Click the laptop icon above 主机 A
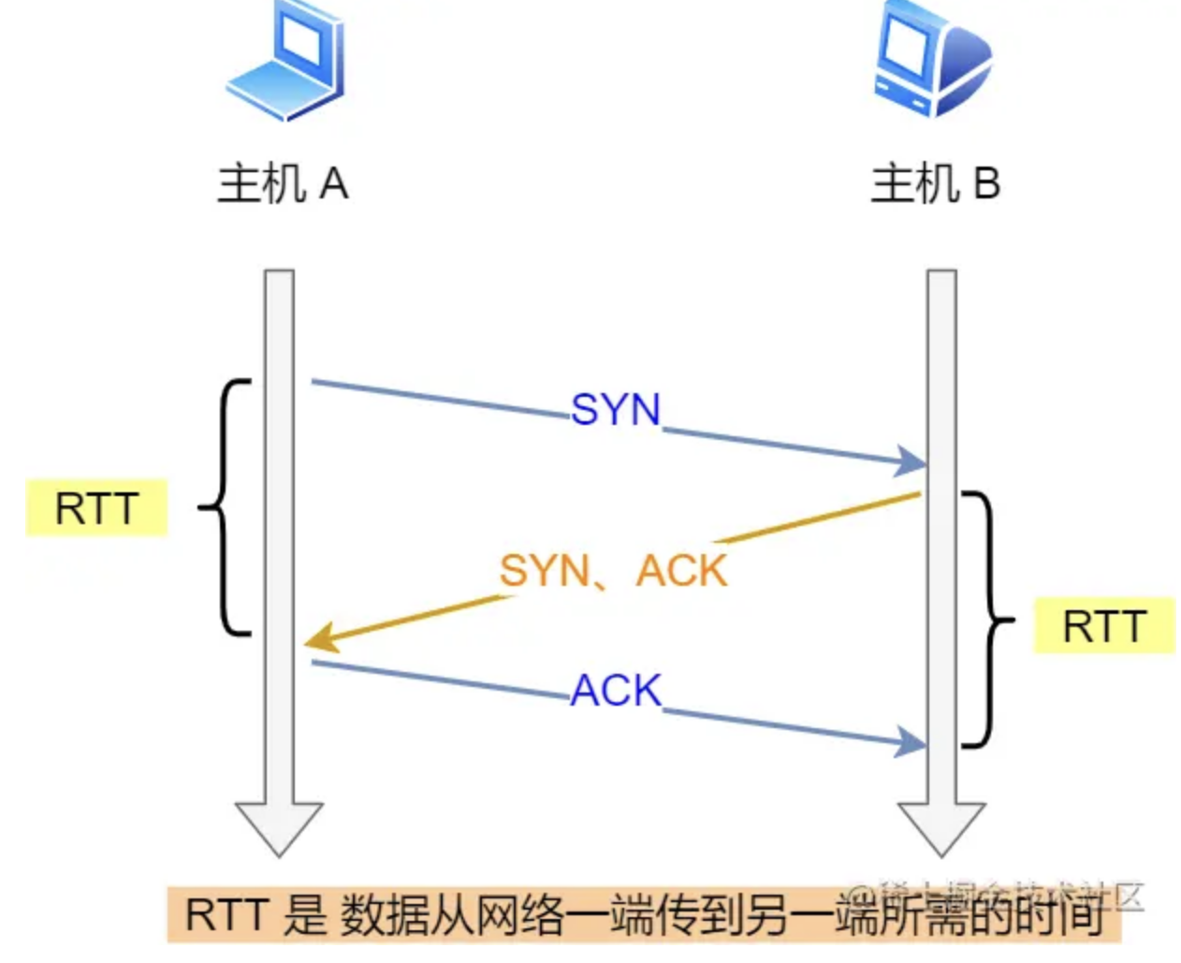284,61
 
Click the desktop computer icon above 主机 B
931,58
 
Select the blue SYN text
616,410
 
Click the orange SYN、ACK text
613,571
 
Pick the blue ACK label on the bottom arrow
616,691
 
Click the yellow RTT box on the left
96,508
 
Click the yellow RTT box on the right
1104,625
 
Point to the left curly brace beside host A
225,508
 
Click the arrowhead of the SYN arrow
910,461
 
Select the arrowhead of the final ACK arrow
910,741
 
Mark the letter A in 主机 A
334,183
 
